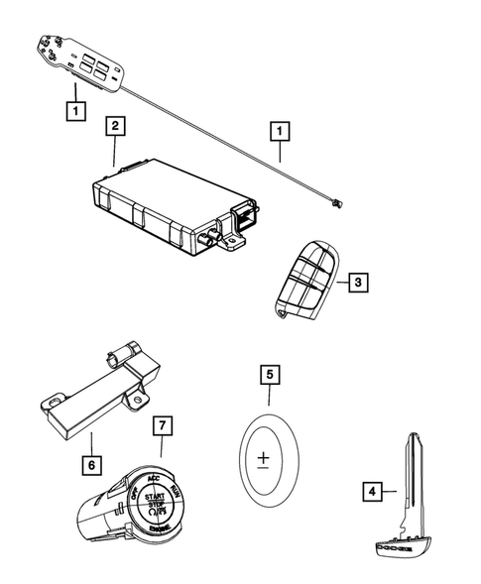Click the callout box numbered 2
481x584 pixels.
[x=116, y=126]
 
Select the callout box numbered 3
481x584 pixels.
[x=360, y=283]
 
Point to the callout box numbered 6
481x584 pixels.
[x=90, y=462]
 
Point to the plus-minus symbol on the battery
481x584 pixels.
[x=263, y=458]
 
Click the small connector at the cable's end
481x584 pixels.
[x=337, y=203]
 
